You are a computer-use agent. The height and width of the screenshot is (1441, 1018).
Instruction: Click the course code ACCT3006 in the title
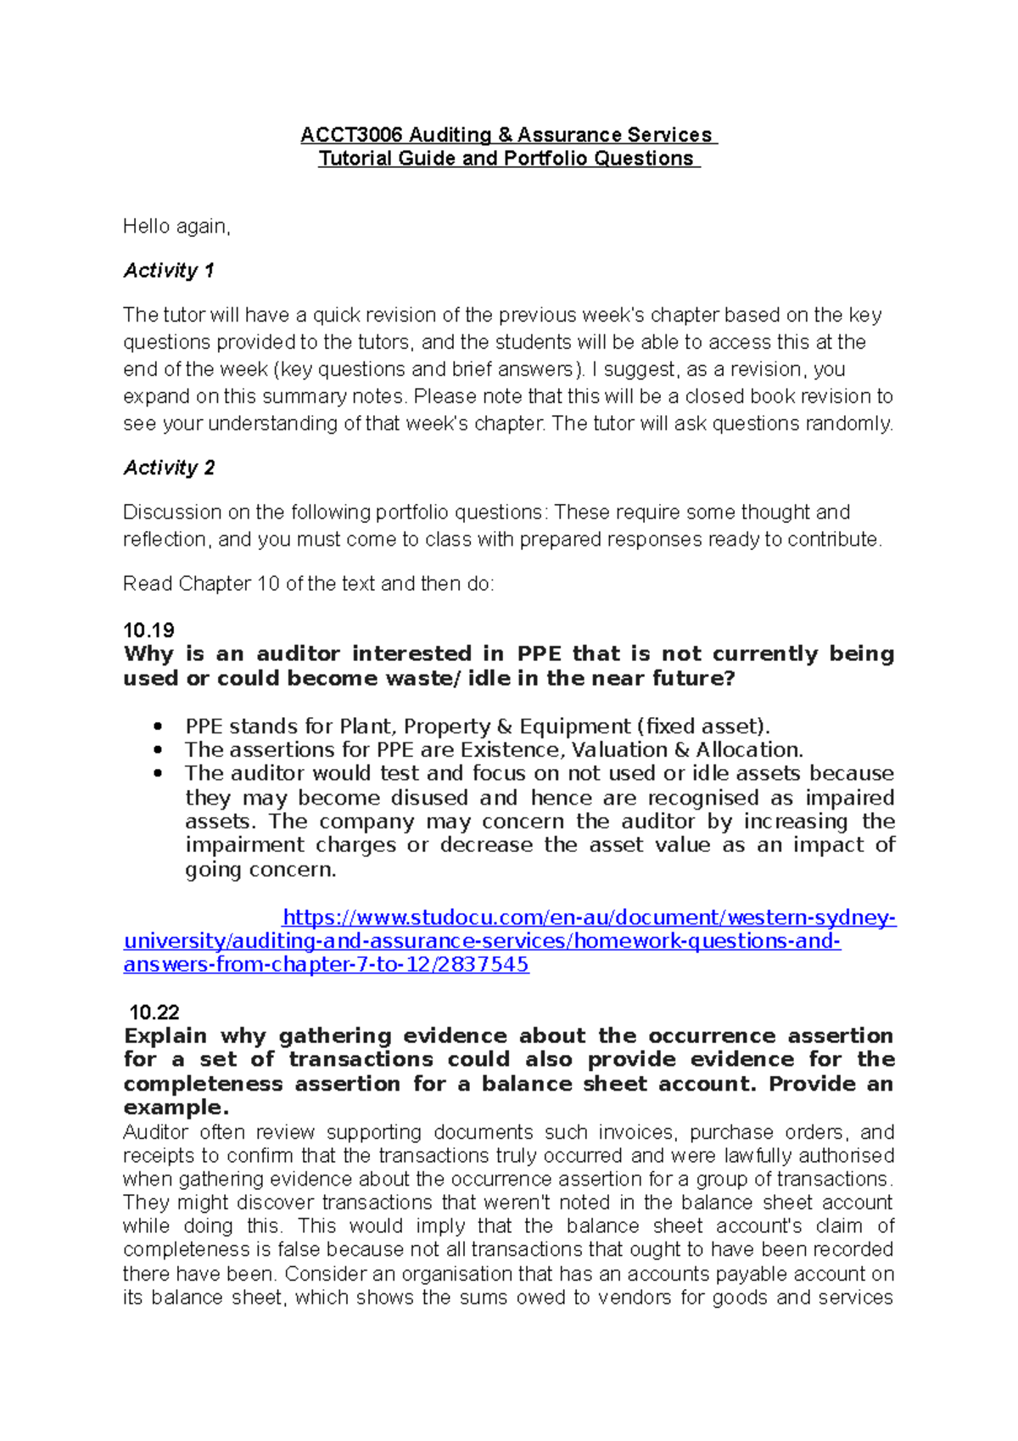tap(351, 135)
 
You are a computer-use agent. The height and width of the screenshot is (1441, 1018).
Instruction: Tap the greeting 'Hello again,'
tap(176, 227)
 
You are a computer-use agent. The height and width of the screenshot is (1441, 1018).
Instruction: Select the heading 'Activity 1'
tap(168, 271)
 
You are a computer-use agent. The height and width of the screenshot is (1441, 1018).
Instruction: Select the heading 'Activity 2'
tap(169, 468)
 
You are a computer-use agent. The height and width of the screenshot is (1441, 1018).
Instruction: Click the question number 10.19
tap(148, 630)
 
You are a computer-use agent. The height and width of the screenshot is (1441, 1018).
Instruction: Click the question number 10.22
tap(154, 1012)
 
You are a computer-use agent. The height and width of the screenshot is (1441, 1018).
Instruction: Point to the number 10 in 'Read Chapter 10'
tap(267, 584)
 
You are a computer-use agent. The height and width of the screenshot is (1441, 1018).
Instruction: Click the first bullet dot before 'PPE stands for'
tap(157, 726)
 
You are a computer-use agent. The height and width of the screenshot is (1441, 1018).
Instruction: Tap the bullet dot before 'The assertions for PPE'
tap(157, 750)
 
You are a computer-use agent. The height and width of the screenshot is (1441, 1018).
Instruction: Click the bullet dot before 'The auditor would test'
tap(157, 773)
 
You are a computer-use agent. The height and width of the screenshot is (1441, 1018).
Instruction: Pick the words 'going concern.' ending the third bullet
tap(260, 870)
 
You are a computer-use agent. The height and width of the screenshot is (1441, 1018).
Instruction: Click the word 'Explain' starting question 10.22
tap(165, 1036)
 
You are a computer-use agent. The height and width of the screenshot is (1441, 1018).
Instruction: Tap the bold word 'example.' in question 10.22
tap(176, 1107)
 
